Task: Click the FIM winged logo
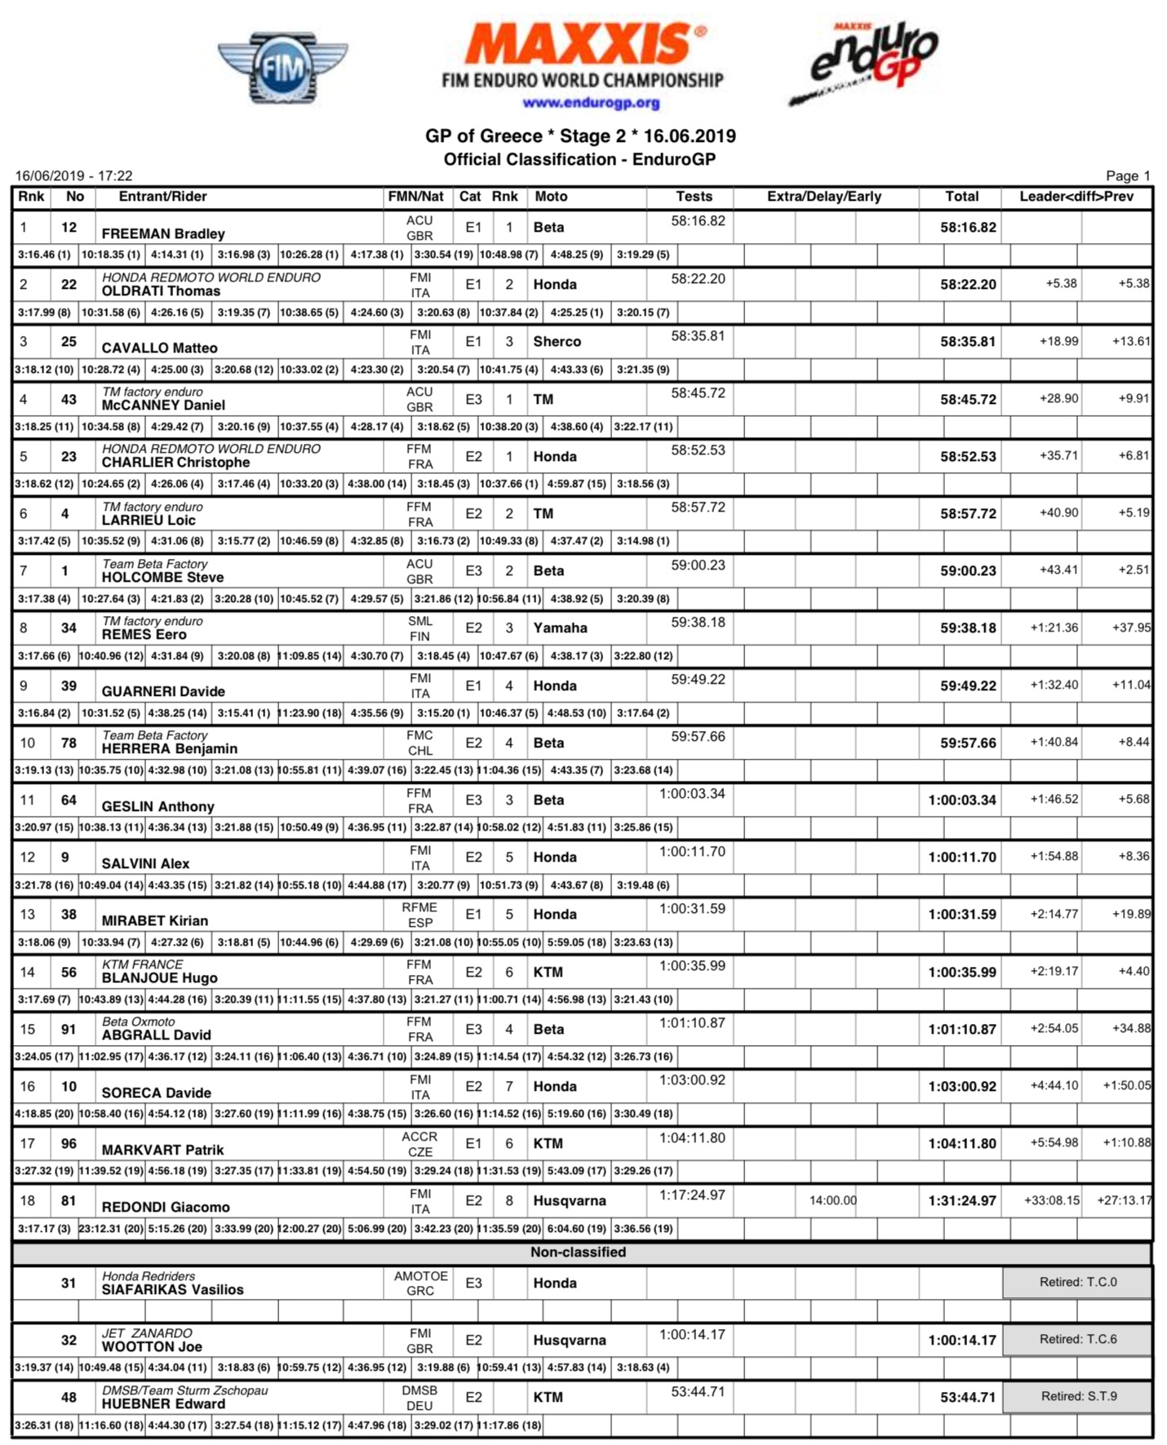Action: point(282,69)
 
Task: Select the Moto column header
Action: point(551,197)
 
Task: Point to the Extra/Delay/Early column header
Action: point(823,197)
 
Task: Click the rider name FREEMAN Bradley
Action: point(163,234)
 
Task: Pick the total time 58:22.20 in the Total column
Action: point(967,285)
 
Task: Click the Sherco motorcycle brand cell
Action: point(557,342)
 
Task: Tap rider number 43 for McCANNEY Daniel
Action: point(69,399)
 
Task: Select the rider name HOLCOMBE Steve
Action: point(162,578)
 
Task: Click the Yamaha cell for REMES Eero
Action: point(560,628)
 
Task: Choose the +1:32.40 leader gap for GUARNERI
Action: point(1054,685)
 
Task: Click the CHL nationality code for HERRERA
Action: point(420,751)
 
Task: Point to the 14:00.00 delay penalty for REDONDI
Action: point(832,1201)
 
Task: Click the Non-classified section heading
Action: point(578,1252)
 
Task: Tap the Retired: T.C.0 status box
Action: point(1077,1283)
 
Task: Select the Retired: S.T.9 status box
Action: point(1078,1397)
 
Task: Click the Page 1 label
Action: point(1127,176)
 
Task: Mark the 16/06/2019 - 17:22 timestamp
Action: point(73,176)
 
